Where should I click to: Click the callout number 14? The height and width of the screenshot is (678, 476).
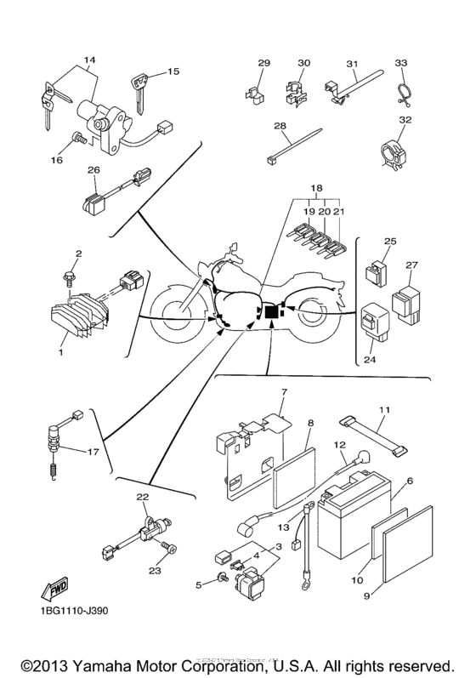(x=88, y=62)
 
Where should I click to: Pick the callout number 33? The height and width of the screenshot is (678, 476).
(x=402, y=62)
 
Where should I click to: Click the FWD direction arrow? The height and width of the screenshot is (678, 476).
(x=53, y=590)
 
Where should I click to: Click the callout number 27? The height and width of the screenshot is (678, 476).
(x=412, y=265)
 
